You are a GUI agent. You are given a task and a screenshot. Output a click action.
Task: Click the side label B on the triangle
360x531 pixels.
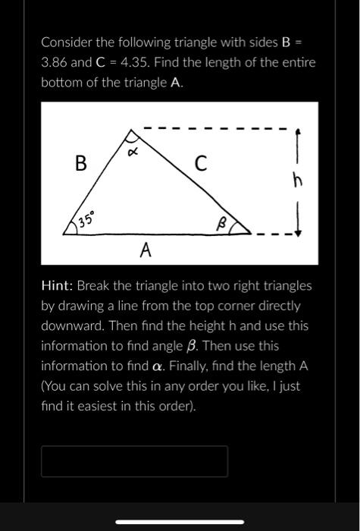point(80,162)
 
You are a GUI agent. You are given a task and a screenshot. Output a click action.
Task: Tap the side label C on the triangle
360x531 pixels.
point(200,162)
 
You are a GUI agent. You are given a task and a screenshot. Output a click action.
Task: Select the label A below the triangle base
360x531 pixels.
point(146,250)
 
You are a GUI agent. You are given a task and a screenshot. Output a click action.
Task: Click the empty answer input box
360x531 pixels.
point(134,461)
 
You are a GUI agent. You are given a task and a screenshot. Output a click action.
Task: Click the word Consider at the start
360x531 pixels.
point(67,41)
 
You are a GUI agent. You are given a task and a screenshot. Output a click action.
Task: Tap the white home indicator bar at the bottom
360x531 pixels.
point(180,522)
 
